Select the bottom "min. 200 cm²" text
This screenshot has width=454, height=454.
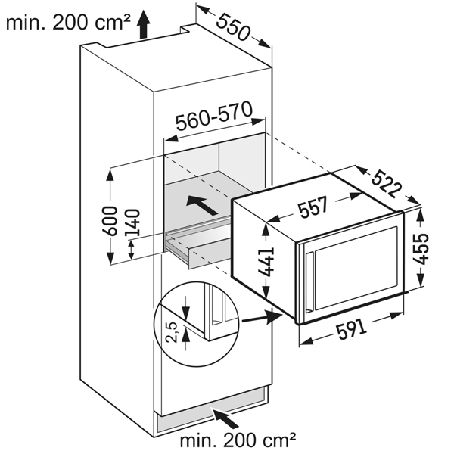click(237, 440)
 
